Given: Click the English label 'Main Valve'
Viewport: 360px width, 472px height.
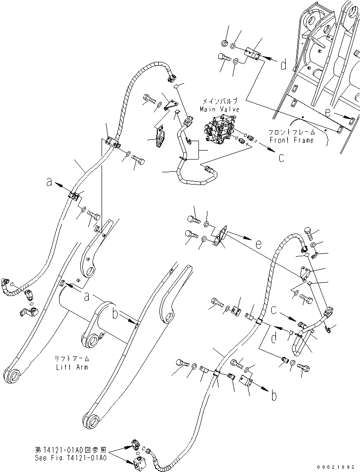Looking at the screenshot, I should (x=219, y=109).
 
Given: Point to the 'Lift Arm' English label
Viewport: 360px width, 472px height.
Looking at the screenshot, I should (x=71, y=367).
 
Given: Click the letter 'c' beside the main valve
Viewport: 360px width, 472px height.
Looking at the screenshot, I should (x=281, y=158).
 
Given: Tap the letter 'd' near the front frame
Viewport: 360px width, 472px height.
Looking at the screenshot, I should (x=283, y=66).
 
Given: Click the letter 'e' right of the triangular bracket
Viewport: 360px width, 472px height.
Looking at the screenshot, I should (x=257, y=244).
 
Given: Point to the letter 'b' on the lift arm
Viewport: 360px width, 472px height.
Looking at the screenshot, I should (x=115, y=312).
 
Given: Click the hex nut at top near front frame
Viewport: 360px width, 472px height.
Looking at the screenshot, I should (x=224, y=44).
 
